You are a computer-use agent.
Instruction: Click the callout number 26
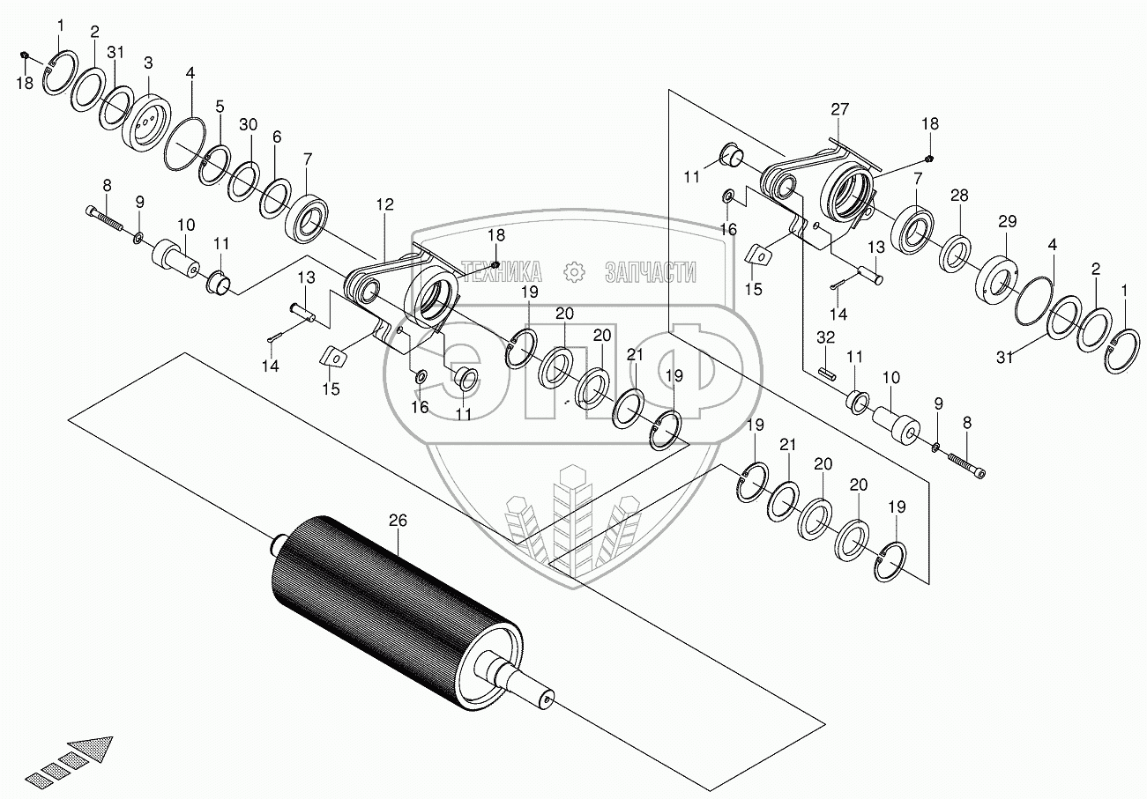tap(398, 521)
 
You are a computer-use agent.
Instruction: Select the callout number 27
tap(839, 109)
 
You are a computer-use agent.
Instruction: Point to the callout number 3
tap(148, 63)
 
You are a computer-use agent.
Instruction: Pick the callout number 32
tap(825, 337)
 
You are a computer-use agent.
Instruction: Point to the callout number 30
tap(249, 124)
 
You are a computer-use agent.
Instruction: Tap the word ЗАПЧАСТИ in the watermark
tap(651, 272)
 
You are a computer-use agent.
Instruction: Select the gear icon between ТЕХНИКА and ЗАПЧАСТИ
tap(574, 272)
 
